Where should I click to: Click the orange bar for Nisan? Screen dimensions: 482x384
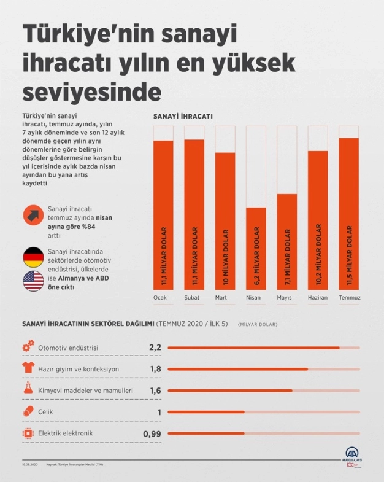pyautogui.click(x=256, y=248)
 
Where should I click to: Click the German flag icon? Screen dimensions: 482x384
pyautogui.click(x=33, y=256)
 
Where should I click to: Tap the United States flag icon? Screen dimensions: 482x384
pyautogui.click(x=33, y=281)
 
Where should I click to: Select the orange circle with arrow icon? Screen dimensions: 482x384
pyautogui.click(x=33, y=216)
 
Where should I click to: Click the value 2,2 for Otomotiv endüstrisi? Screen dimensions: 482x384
pyautogui.click(x=155, y=348)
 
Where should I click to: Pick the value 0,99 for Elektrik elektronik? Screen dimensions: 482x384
pyautogui.click(x=152, y=434)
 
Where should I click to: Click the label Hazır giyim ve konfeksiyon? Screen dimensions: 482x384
pyautogui.click(x=79, y=369)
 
